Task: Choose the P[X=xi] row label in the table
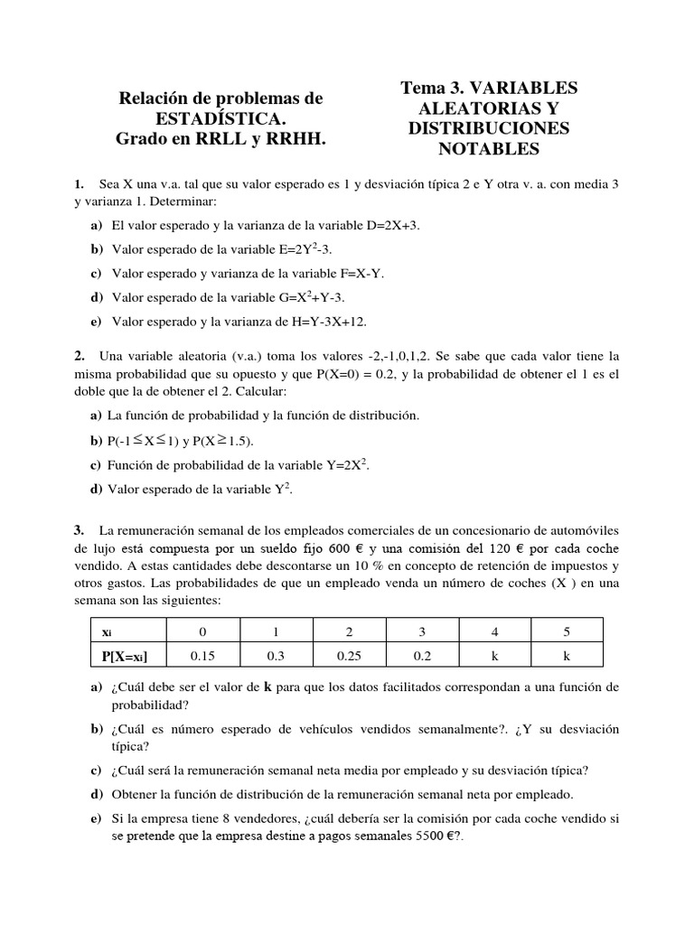[x=127, y=655]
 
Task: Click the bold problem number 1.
[x=80, y=184]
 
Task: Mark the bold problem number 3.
[x=80, y=529]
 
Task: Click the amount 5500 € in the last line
[x=436, y=836]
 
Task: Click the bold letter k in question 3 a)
[x=267, y=687]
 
